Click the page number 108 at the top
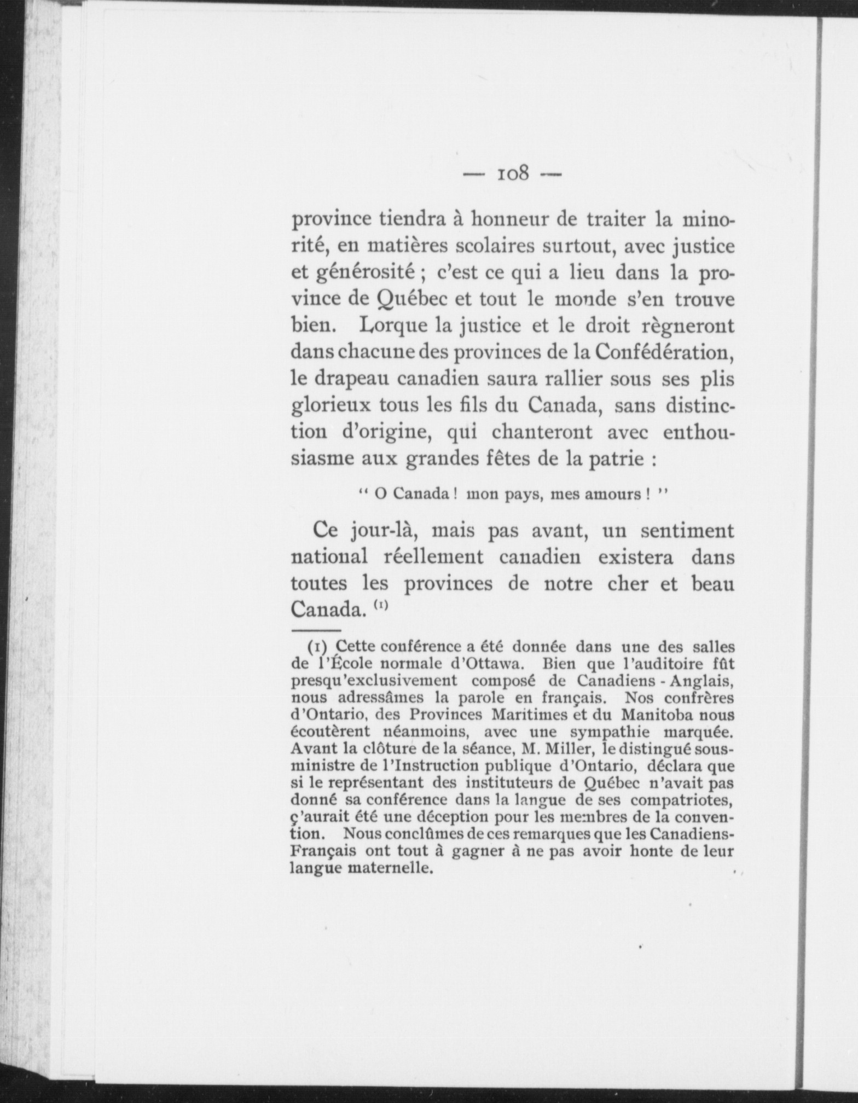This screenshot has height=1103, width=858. [513, 173]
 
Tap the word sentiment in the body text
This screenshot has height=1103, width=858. [687, 531]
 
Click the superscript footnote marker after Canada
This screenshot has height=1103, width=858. [382, 605]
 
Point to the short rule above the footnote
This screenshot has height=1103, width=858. [316, 630]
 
